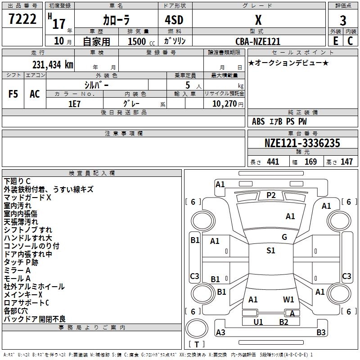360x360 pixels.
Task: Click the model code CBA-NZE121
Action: [x=258, y=41]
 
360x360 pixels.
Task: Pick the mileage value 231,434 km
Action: [x=53, y=64]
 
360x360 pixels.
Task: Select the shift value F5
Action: [x=13, y=94]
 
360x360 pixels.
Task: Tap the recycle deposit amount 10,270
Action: [x=223, y=103]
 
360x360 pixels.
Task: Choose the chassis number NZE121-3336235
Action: [x=302, y=144]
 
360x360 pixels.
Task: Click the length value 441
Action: [x=273, y=162]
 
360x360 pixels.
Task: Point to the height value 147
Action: [x=346, y=162]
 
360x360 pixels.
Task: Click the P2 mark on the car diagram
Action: [x=270, y=195]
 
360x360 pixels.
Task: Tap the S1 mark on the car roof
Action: [x=270, y=251]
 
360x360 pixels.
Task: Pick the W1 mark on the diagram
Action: [x=288, y=299]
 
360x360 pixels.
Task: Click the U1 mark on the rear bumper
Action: [x=258, y=322]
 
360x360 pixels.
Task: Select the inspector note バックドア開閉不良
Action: [x=35, y=319]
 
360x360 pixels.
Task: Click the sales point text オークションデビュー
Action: [x=288, y=63]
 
